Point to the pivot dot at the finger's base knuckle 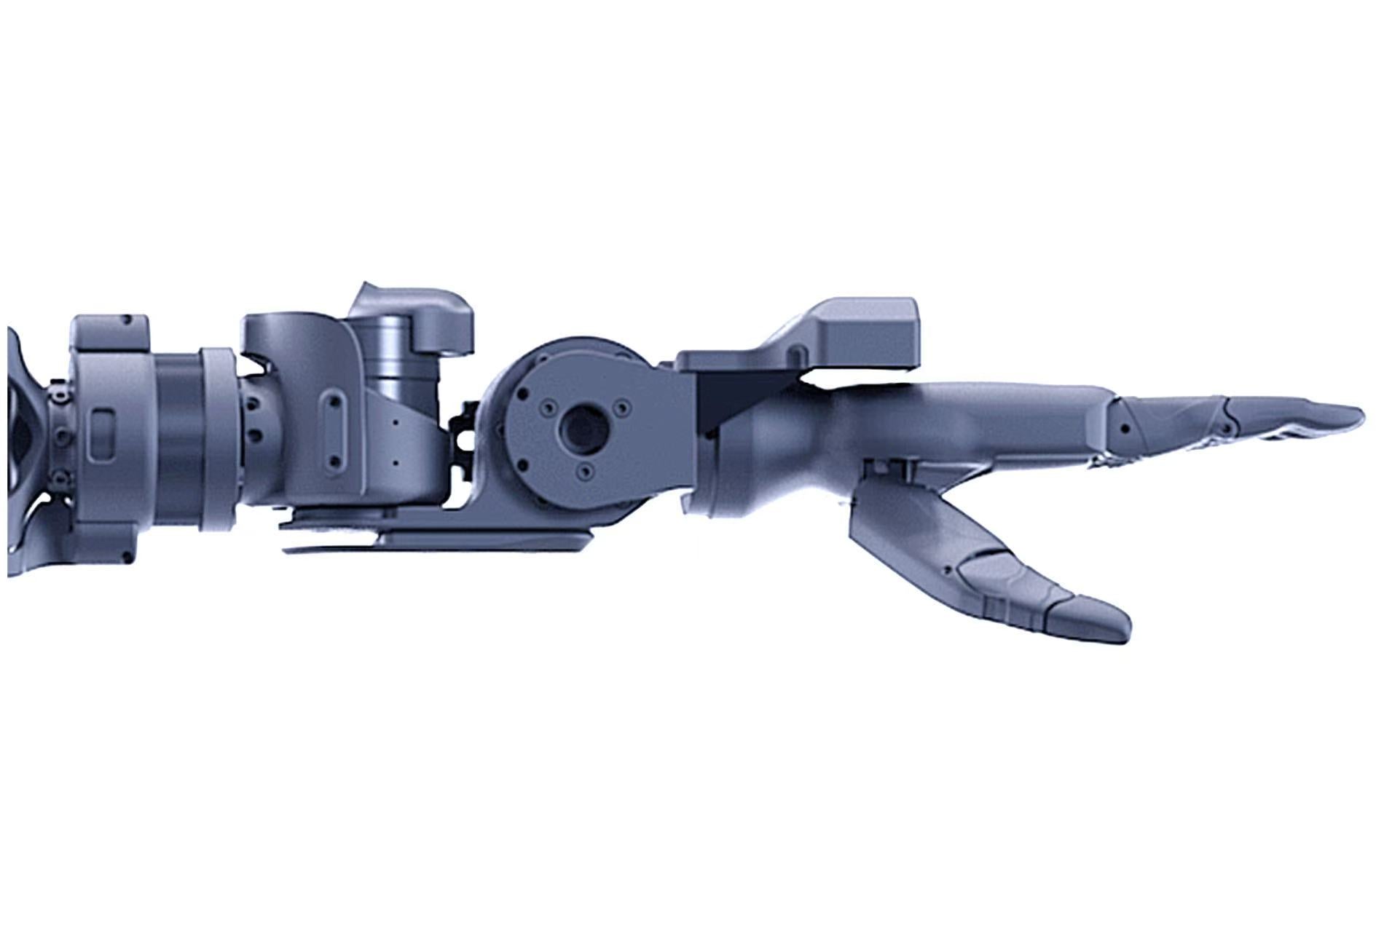click(x=1125, y=427)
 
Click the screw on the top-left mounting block click(x=128, y=320)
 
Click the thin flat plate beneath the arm click(x=437, y=542)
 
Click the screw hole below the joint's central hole click(x=584, y=474)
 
